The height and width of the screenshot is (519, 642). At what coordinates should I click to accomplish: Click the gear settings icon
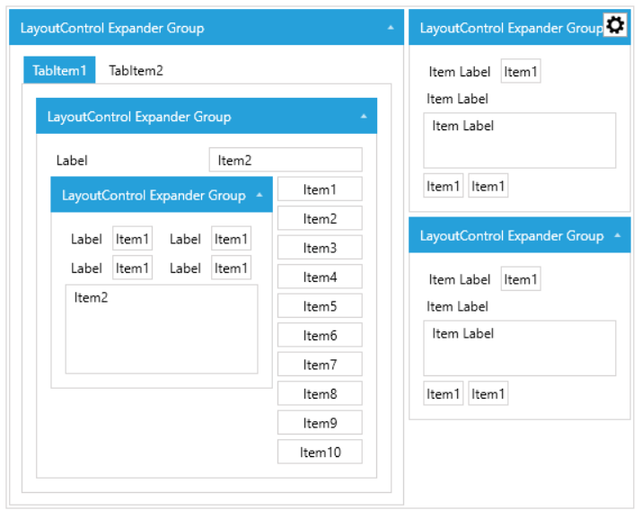pos(615,25)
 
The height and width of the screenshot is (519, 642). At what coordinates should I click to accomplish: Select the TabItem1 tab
pos(59,70)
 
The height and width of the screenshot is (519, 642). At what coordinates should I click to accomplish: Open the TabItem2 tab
pos(136,70)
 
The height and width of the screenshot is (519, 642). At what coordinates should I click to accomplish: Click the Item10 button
pos(320,452)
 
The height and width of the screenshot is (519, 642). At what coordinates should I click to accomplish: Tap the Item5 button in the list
pos(320,306)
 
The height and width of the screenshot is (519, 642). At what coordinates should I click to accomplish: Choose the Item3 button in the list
pos(320,247)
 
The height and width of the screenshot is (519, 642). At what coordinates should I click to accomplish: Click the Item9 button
pos(320,422)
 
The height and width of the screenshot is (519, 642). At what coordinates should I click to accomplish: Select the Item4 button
pos(320,277)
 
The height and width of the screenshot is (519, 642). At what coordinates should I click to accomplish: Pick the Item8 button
pos(320,393)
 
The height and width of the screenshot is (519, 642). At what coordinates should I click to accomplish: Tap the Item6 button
pos(320,335)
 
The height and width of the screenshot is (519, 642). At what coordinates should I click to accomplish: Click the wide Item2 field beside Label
pos(286,160)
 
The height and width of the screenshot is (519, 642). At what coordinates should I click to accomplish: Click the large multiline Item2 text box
pos(162,329)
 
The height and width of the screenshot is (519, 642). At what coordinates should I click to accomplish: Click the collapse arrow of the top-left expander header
pos(391,28)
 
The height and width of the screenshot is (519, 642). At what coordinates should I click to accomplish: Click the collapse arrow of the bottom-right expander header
pos(618,235)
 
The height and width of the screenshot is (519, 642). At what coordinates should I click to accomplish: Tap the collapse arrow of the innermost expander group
pos(259,195)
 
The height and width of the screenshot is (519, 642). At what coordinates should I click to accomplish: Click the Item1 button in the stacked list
pos(320,189)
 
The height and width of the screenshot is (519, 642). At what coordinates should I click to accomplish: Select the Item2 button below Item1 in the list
pos(320,218)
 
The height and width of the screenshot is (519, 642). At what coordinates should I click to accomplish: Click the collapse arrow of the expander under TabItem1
pos(364,116)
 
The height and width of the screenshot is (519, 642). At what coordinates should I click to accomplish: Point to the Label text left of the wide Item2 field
pos(72,161)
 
